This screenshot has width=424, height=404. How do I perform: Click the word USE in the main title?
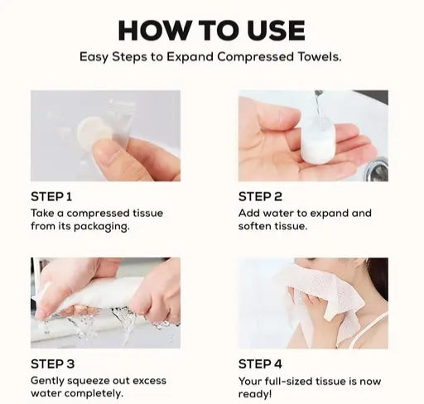(276, 31)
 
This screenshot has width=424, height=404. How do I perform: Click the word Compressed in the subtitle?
(255, 57)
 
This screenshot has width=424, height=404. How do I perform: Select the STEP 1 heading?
(51, 197)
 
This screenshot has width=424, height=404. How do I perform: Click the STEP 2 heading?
(260, 197)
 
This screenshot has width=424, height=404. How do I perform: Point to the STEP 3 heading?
(52, 364)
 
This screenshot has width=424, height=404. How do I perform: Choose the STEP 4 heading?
(260, 364)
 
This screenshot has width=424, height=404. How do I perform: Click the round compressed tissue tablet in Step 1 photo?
(93, 132)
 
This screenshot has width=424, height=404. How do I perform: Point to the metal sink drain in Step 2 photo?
(378, 169)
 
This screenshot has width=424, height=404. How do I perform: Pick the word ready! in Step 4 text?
(255, 394)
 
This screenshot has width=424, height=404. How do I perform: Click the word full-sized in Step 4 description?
(288, 382)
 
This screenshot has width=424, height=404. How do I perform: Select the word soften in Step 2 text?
(255, 226)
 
